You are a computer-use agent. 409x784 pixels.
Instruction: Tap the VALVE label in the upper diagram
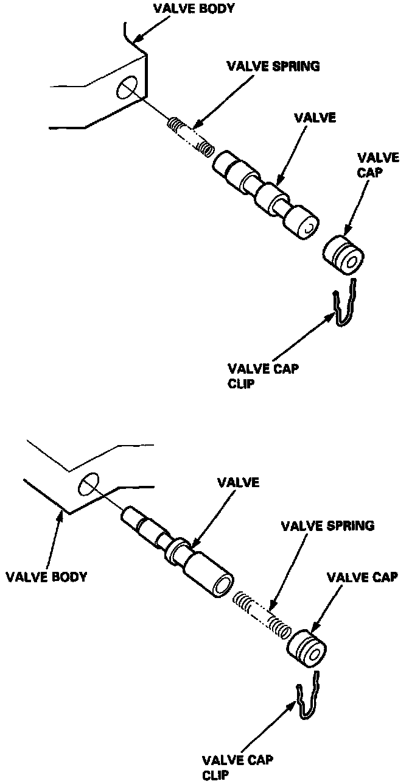point(314,118)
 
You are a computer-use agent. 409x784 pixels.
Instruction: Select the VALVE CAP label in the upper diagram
point(368,164)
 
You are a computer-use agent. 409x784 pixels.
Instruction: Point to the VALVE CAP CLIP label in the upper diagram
point(263,376)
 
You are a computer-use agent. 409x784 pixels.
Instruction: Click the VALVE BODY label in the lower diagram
point(46,576)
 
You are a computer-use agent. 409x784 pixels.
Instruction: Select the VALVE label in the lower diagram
point(239,482)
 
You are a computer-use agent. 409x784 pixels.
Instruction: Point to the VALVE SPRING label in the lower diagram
point(327,525)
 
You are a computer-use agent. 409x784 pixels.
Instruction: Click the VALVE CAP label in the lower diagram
point(362,577)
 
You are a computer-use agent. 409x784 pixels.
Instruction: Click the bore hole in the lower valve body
point(88,484)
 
